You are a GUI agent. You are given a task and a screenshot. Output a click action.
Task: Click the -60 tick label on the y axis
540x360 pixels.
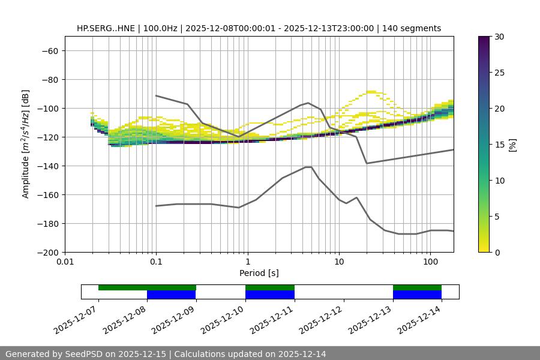click(49, 50)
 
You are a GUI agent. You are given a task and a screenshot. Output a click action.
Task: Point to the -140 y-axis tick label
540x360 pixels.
click(46, 166)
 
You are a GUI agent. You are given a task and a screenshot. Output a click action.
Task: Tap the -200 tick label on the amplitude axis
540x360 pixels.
click(46, 252)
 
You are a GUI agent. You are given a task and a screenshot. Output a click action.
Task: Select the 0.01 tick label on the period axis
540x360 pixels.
click(65, 262)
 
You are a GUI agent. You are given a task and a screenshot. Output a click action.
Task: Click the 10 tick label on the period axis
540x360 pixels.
click(339, 262)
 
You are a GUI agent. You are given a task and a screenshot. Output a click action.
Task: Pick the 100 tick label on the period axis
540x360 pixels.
click(430, 262)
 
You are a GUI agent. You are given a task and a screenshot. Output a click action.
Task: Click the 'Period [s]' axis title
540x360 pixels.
click(259, 273)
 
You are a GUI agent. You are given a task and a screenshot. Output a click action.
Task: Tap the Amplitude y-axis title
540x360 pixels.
click(26, 144)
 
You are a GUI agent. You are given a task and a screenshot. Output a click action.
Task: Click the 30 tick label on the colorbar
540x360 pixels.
click(499, 37)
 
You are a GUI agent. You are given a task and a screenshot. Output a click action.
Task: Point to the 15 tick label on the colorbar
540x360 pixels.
click(499, 144)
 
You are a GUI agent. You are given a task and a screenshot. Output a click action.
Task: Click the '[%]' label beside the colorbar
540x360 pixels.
click(512, 144)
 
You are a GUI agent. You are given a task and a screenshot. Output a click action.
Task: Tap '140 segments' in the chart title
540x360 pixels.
click(413, 28)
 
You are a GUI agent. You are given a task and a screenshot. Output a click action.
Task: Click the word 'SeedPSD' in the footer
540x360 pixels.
click(84, 354)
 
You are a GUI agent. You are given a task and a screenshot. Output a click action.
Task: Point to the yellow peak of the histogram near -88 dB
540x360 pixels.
click(371, 91)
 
